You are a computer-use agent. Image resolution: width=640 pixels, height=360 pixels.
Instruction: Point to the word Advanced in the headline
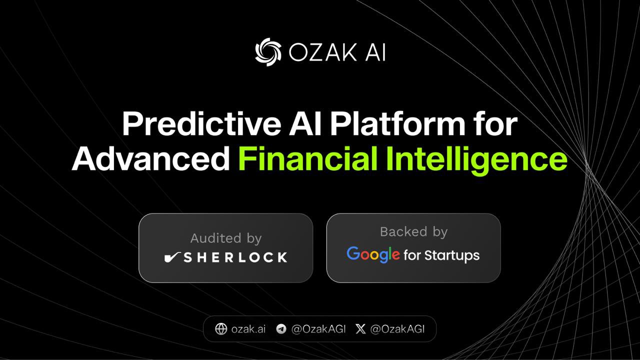point(150,159)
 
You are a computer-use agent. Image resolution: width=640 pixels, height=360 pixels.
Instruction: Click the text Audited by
point(225,238)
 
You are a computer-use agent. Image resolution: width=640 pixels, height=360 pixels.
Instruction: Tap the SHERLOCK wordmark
point(235,257)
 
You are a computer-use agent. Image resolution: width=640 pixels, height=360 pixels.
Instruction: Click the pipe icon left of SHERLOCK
point(172,257)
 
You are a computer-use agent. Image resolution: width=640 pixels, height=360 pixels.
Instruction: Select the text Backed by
point(413,231)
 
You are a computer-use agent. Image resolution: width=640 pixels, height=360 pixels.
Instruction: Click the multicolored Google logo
point(373,254)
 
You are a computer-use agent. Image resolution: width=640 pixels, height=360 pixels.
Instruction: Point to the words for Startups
point(441,255)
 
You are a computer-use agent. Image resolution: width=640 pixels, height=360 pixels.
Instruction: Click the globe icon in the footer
point(220,328)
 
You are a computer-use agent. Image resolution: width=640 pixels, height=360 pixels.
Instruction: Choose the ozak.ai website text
point(248,329)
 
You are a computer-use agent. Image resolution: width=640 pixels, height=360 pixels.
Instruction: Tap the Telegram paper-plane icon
point(281,328)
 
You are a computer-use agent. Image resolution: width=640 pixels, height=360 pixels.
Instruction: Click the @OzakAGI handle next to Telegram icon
point(318,329)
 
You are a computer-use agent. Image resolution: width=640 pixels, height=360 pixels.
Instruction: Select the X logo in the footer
point(360,328)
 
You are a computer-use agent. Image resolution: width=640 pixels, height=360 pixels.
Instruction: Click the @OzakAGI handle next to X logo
point(397,329)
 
